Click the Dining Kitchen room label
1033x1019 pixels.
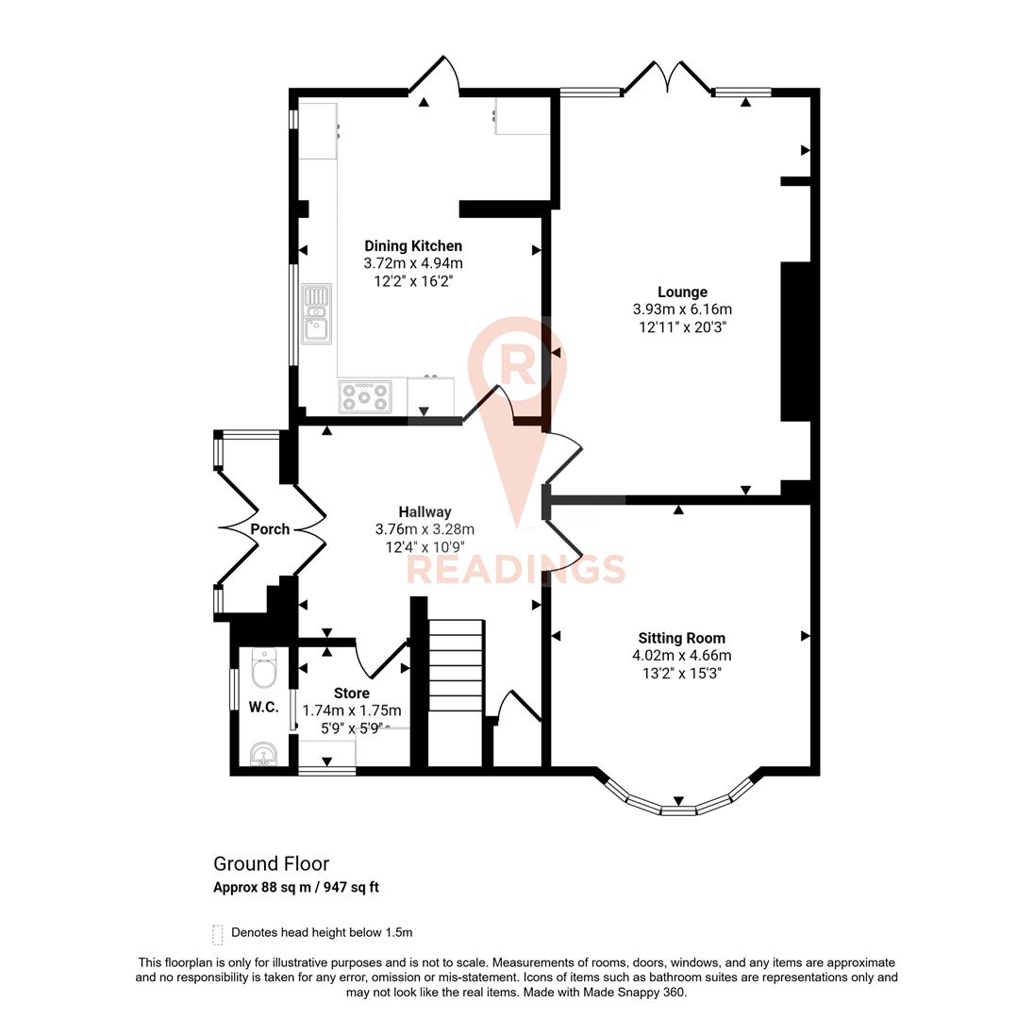(413, 246)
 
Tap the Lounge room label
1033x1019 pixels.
(682, 292)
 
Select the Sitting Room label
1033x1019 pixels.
(681, 638)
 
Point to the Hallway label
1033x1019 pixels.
(425, 512)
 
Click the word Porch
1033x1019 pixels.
(270, 529)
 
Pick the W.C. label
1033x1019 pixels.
(263, 707)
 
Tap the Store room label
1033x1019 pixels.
(351, 693)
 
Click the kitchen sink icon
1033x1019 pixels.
(316, 313)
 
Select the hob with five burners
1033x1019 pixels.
(365, 396)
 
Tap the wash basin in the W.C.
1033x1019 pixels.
(263, 754)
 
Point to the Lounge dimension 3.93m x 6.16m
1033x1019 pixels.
(682, 309)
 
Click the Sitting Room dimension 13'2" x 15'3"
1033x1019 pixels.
(682, 674)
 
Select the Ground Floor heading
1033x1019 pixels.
(271, 863)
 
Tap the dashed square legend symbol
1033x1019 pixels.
(218, 934)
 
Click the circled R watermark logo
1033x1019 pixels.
(517, 364)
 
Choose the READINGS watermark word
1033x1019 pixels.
(516, 570)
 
